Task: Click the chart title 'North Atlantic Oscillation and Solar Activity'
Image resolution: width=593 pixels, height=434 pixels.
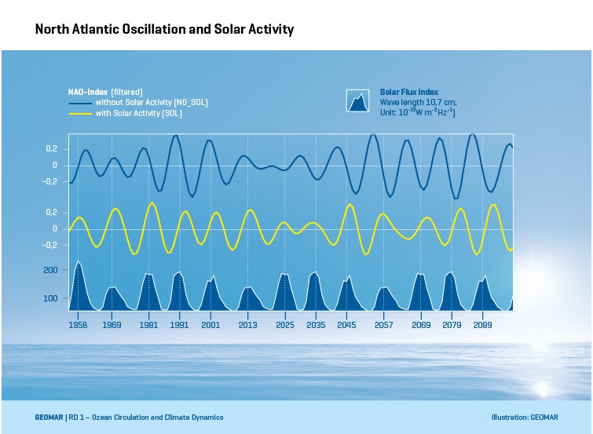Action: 164,30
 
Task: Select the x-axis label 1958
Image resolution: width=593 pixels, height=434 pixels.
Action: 78,324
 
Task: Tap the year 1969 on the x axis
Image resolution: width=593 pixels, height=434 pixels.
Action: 112,324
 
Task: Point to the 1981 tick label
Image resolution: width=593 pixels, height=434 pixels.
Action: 148,324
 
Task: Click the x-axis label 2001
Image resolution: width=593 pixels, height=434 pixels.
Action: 210,324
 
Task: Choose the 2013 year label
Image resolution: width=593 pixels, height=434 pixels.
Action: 247,324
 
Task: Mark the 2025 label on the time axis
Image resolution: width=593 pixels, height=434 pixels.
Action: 284,324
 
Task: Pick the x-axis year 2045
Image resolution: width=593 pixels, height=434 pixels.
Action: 346,324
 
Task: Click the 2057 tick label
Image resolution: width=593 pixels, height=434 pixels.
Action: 383,324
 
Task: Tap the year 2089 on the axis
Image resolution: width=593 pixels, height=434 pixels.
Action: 482,324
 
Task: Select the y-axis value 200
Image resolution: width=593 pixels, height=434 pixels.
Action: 50,270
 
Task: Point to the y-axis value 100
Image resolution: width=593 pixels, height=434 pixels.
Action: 50,298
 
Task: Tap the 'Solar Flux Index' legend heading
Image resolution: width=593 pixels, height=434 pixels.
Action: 409,92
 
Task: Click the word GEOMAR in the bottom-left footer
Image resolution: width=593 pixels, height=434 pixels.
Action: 49,418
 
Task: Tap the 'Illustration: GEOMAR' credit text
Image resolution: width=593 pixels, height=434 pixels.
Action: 524,418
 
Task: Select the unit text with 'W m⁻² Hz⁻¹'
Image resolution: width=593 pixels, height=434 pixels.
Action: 418,113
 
